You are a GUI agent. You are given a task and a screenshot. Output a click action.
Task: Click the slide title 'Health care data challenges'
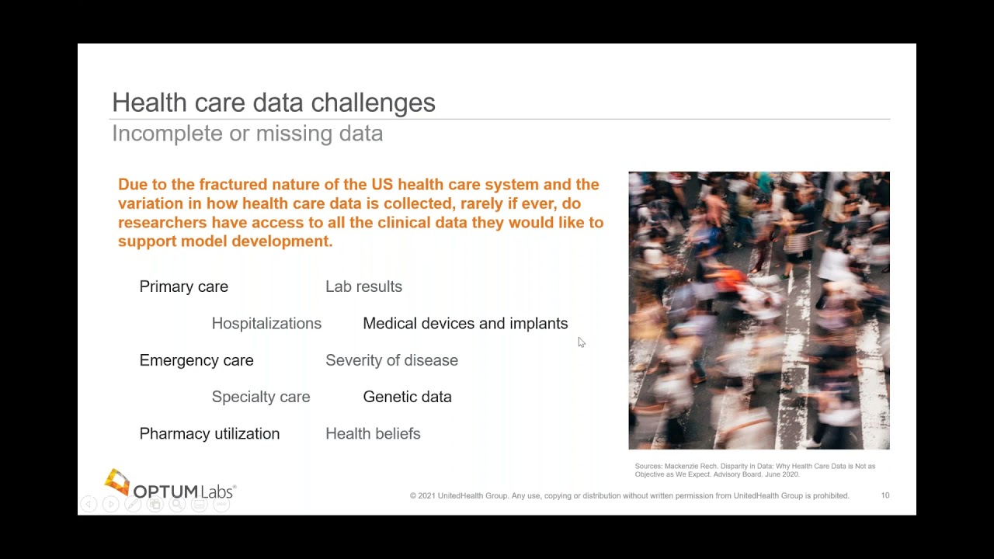tap(273, 102)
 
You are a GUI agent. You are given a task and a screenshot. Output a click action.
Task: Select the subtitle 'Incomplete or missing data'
tap(247, 134)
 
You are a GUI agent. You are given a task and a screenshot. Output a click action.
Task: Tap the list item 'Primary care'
tap(183, 286)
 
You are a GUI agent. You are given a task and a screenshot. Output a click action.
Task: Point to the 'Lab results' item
tap(363, 286)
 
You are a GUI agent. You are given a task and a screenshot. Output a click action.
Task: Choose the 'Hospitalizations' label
tap(266, 324)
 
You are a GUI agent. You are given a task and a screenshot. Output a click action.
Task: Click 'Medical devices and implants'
tap(465, 324)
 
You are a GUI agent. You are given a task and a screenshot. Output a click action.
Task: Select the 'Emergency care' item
tap(196, 360)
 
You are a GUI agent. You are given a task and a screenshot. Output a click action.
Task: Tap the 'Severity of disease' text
tap(391, 360)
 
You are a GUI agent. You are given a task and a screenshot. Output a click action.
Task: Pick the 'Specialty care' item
tap(261, 397)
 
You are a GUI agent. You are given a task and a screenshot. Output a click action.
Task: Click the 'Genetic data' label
tap(407, 397)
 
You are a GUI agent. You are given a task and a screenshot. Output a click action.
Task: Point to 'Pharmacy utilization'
tap(209, 434)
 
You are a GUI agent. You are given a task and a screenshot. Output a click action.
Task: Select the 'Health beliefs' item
tap(373, 434)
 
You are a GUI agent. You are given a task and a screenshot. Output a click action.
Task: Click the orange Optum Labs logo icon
tap(116, 482)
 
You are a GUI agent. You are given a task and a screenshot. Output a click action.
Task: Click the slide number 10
tap(885, 495)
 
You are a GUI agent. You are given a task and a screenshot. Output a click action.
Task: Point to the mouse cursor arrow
tap(581, 342)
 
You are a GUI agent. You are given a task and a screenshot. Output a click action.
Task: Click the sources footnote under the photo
tap(754, 470)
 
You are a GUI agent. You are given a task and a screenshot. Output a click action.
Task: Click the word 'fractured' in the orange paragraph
tap(235, 185)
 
